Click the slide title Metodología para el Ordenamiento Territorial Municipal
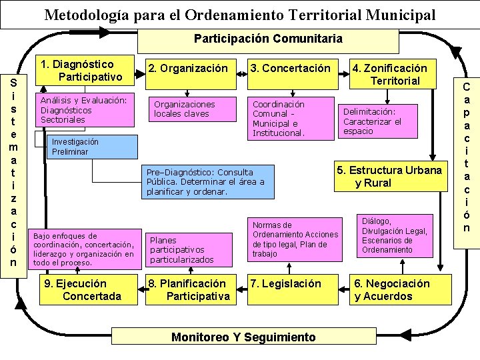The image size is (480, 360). (240, 15)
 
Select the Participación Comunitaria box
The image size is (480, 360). (268, 39)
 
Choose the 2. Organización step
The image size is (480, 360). (189, 69)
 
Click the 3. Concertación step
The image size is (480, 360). (290, 69)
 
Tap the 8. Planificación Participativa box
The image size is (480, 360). (189, 289)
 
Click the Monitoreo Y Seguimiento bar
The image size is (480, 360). (243, 337)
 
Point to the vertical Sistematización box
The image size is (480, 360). (14, 171)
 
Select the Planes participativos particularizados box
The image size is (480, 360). (189, 249)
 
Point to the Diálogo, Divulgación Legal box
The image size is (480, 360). (395, 236)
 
